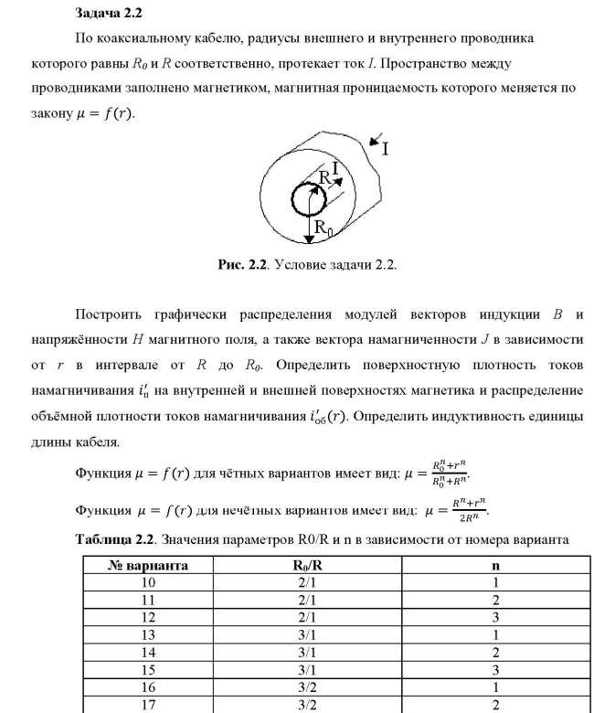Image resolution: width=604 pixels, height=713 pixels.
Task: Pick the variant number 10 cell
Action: (x=147, y=582)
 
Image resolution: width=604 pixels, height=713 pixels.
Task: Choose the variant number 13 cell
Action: (x=147, y=634)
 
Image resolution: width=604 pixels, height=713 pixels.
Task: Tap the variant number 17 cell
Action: (x=147, y=704)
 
